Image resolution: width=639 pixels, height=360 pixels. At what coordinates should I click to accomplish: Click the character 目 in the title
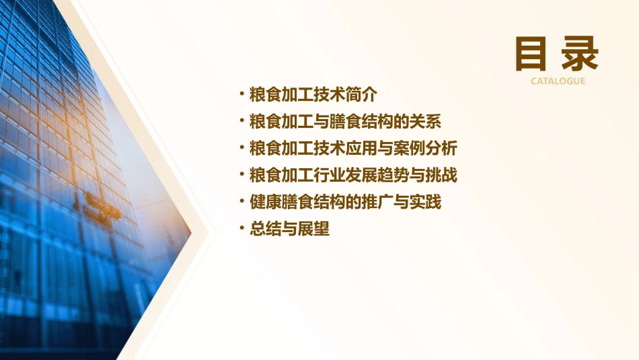pos(531,54)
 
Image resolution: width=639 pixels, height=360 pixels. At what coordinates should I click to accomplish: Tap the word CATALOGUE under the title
pos(558,81)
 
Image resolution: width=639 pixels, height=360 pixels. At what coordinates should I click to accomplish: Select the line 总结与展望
pos(289,229)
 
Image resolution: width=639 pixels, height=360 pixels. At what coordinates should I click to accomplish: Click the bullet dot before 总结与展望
pos(242,228)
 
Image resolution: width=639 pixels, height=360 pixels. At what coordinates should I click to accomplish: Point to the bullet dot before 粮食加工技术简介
pos(242,93)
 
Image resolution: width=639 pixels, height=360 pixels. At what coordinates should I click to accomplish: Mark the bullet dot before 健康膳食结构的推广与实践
pos(242,201)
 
